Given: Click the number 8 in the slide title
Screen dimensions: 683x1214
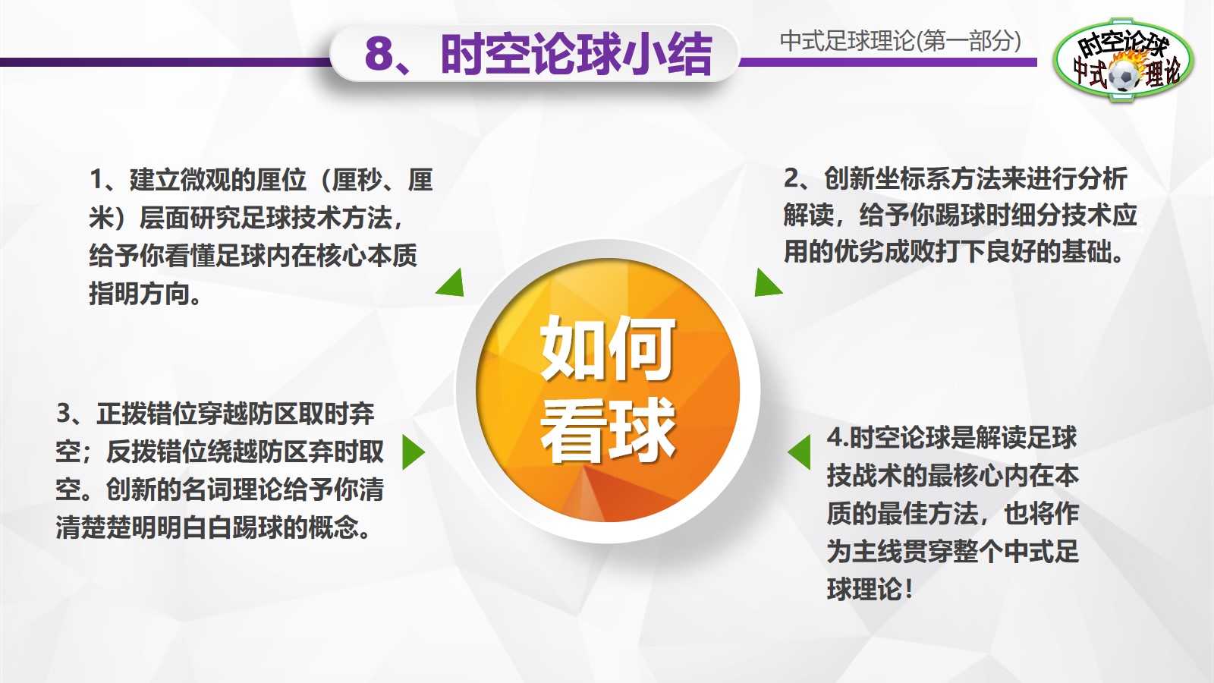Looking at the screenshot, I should coord(380,55).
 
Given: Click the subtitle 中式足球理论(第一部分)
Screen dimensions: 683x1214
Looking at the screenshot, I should coord(900,41).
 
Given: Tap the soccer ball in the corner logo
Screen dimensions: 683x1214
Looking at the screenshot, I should coord(1123,76).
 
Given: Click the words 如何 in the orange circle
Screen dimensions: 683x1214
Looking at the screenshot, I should coord(607,348).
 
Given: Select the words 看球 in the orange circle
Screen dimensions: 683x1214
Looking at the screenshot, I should coord(607,430).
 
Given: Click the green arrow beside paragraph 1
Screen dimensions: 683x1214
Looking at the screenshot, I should coord(451,284).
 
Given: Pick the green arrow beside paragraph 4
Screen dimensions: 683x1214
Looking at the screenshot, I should coord(800,452).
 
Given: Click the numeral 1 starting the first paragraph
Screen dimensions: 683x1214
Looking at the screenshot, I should coord(96,180).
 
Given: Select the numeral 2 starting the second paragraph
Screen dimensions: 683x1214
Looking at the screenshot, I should coord(791,178).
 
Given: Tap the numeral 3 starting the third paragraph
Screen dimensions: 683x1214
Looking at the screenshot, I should coord(64,414).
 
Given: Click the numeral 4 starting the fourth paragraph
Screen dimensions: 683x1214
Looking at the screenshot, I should coord(835,438).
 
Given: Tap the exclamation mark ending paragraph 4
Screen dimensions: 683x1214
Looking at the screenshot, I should coord(908,589).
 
